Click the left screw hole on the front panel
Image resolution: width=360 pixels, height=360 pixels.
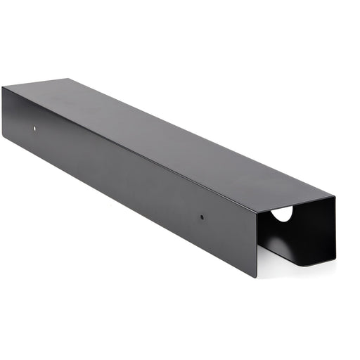coord(36,129)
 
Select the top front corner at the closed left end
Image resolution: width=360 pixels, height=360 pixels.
coord(3,87)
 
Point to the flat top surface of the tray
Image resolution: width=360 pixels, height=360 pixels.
coord(162,134)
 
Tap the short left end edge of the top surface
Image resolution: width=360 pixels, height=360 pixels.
coord(35,83)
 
